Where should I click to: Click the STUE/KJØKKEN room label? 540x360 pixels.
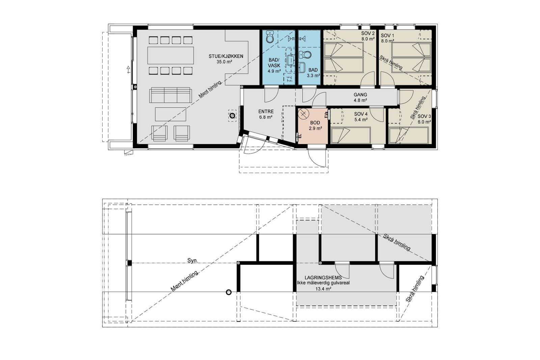pyautogui.click(x=226, y=56)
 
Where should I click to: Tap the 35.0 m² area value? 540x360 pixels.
pyautogui.click(x=224, y=62)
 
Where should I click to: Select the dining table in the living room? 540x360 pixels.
pyautogui.click(x=171, y=55)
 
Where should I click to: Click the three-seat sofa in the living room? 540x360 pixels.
pyautogui.click(x=171, y=95)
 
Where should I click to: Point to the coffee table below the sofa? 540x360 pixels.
pyautogui.click(x=170, y=114)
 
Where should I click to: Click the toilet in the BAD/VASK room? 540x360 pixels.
pyautogui.click(x=270, y=37)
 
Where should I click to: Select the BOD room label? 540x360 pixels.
pyautogui.click(x=315, y=123)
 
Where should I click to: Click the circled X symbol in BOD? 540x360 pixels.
pyautogui.click(x=304, y=113)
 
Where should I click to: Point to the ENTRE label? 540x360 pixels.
pyautogui.click(x=266, y=112)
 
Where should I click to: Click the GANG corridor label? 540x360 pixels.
pyautogui.click(x=360, y=95)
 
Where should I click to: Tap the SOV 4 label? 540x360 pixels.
pyautogui.click(x=361, y=114)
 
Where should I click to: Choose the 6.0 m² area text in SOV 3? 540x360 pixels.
pyautogui.click(x=424, y=122)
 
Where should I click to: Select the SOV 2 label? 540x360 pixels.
pyautogui.click(x=368, y=33)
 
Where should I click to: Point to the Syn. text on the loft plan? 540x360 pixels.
pyautogui.click(x=193, y=260)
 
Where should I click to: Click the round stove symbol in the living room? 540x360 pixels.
pyautogui.click(x=232, y=116)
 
